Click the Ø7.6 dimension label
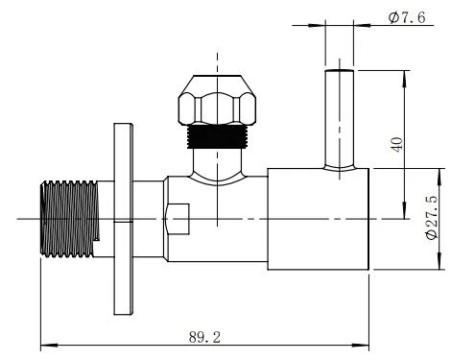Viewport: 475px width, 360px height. click(407, 17)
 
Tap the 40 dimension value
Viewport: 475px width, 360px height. click(397, 144)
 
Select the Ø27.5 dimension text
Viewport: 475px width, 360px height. click(432, 217)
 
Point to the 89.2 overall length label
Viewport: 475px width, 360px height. click(204, 337)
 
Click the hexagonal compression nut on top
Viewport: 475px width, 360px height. click(217, 100)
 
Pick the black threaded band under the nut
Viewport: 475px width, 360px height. click(217, 136)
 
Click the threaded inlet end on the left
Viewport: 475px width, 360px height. click(70, 219)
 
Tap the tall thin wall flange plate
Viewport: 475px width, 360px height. click(124, 219)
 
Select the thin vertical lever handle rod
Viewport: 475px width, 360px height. click(340, 119)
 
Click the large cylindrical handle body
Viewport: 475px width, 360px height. click(318, 219)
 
